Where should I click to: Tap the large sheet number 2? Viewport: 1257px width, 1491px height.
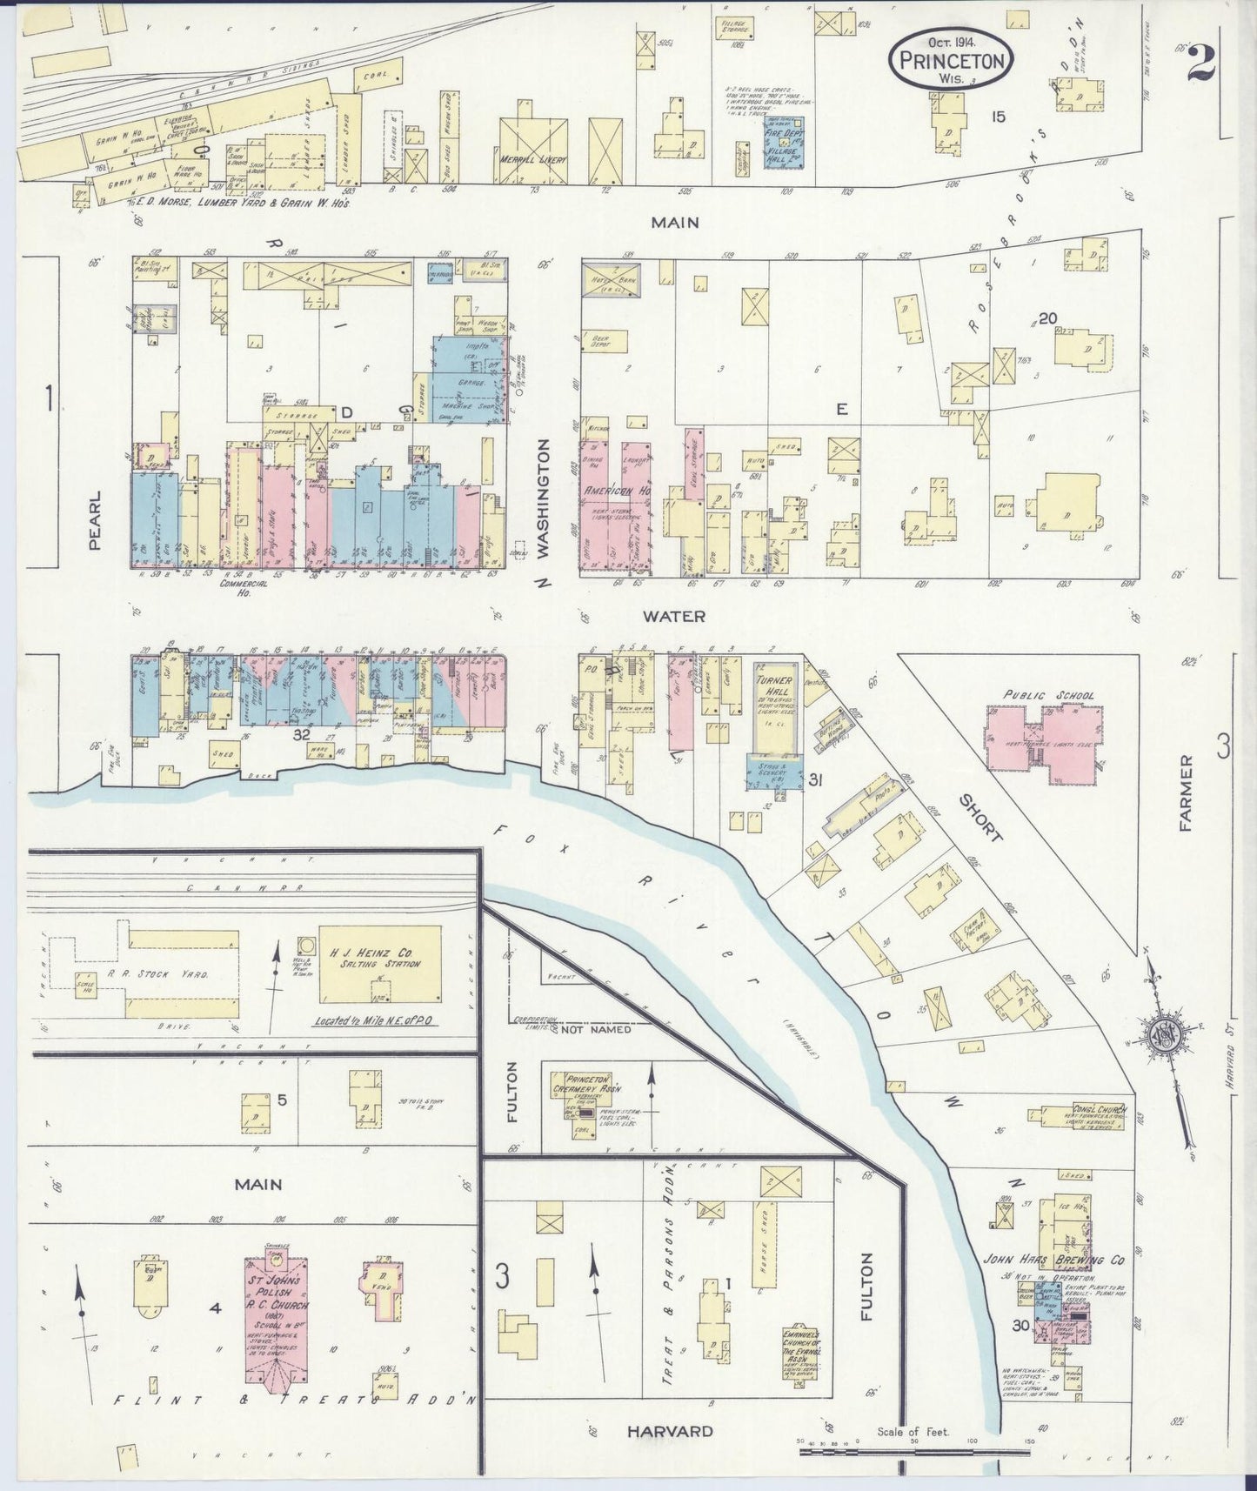[1203, 63]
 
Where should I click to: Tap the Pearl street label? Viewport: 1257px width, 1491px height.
[95, 519]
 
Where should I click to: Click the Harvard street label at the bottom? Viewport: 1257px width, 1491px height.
[670, 1431]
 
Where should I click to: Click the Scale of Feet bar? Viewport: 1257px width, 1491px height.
[913, 1450]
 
